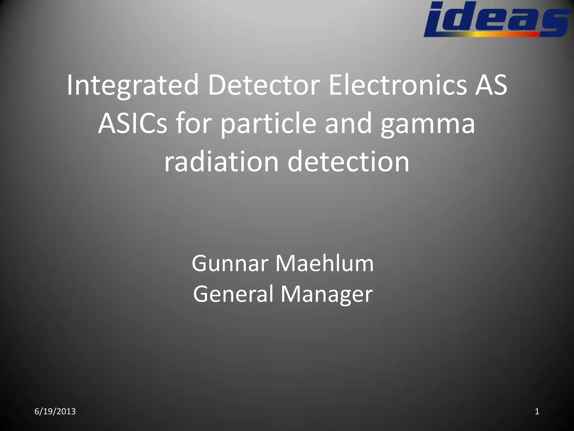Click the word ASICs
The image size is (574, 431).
pyautogui.click(x=132, y=123)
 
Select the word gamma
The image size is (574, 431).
pyautogui.click(x=428, y=123)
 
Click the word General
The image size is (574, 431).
pyautogui.click(x=233, y=294)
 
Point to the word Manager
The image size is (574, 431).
pyautogui.click(x=327, y=294)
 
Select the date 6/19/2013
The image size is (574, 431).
pyautogui.click(x=55, y=411)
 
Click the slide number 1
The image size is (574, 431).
pyautogui.click(x=537, y=411)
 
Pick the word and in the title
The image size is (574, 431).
pyautogui.click(x=348, y=123)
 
